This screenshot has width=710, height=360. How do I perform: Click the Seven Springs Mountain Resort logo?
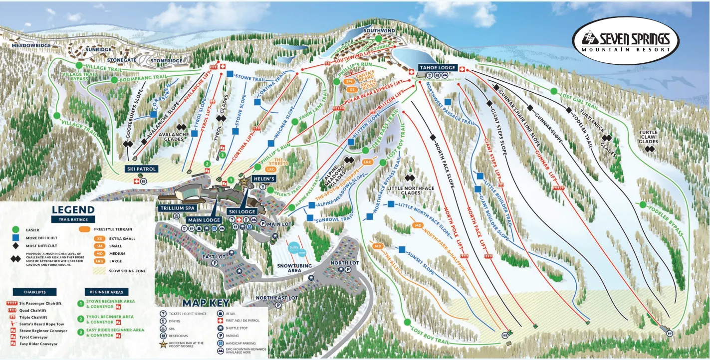pos(626,40)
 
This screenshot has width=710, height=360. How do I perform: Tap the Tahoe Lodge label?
pos(437,67)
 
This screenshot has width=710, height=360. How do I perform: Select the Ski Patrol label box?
pos(142,169)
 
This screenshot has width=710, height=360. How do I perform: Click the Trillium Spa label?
pos(177,207)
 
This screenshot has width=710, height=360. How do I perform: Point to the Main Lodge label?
pos(204,219)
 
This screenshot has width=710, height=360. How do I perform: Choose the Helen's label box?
pos(264,179)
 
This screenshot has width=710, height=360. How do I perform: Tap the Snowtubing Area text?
pos(294,268)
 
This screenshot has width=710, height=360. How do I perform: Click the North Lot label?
pos(344,263)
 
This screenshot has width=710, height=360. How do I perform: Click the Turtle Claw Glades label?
pos(648,137)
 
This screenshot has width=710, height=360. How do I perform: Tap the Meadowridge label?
pos(32,45)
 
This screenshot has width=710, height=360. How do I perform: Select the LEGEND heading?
pos(73,210)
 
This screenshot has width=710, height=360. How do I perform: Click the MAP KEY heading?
pos(206,303)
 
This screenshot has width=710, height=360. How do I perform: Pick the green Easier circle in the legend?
pos(15,229)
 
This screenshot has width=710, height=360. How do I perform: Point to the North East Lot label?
pos(277,298)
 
